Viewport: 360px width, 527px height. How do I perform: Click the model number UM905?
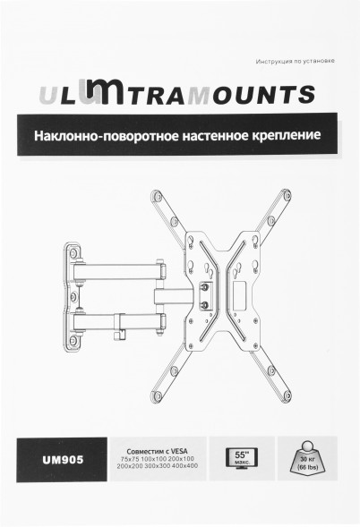coord(64,460)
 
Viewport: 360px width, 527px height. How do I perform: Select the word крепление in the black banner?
coord(287,137)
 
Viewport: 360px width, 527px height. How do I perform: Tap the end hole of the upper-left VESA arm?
coord(158,195)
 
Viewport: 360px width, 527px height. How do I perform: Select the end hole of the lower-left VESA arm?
coord(158,394)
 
